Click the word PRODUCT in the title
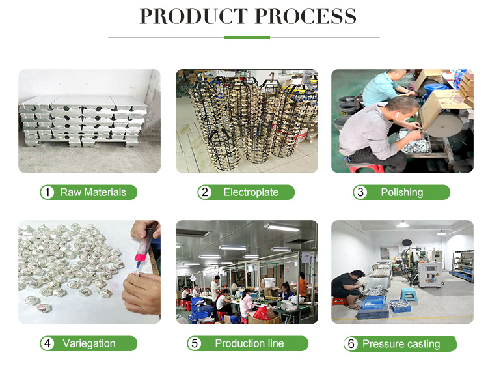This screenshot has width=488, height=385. point(193,16)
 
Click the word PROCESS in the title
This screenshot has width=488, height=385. point(306,16)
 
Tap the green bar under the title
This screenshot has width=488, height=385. point(247,37)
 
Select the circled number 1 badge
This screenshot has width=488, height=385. point(47,192)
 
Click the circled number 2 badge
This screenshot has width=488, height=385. point(205,192)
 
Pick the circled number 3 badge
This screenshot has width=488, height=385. point(360,192)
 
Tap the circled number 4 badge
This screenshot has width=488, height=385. point(47,343)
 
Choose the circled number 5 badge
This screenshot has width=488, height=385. point(195,343)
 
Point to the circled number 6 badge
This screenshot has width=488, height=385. point(351,344)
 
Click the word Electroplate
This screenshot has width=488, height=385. point(251,193)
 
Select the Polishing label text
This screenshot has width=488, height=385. point(402,193)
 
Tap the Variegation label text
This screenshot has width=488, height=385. point(89,343)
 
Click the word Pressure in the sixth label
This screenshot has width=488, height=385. point(383,344)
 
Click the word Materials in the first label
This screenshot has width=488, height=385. point(105,192)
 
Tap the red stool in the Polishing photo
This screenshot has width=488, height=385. point(367,169)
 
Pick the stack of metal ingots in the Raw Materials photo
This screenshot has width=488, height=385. point(83,122)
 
